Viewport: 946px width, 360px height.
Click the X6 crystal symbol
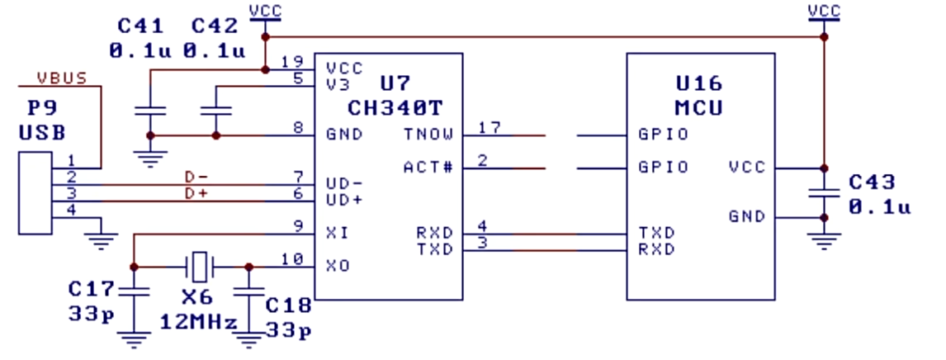(x=199, y=267)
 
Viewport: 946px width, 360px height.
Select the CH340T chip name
(x=395, y=108)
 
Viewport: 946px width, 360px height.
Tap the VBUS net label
(x=62, y=78)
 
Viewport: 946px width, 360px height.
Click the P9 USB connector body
(x=35, y=193)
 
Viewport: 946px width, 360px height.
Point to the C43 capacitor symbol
(x=824, y=192)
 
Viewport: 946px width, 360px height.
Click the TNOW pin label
(x=428, y=134)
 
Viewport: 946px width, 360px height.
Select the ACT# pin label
(x=428, y=167)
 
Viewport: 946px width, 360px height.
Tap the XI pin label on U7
(x=338, y=233)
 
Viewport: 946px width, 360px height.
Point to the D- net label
(x=196, y=178)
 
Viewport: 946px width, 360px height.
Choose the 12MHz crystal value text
(x=199, y=322)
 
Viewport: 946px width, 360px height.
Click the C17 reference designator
(x=91, y=289)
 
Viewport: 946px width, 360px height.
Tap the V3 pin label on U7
(x=338, y=84)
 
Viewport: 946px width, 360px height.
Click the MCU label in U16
(x=699, y=108)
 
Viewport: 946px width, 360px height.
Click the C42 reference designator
(x=215, y=26)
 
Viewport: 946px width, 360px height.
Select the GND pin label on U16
(x=747, y=216)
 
